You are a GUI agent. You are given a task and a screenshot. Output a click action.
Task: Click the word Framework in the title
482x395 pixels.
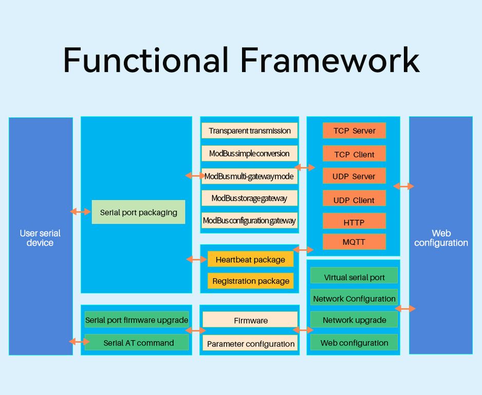[x=329, y=60]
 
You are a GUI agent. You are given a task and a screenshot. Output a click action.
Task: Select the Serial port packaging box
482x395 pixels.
[x=138, y=212]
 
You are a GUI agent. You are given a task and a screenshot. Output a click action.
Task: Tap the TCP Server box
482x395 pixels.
[x=354, y=131]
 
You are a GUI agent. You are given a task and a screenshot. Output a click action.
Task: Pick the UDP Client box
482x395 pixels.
[x=354, y=200]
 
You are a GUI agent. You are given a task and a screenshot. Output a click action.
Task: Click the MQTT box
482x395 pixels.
[x=354, y=242]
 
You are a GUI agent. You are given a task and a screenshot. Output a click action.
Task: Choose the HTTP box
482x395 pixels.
[x=354, y=222]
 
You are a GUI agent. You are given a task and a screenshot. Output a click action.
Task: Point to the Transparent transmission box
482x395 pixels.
[x=250, y=131]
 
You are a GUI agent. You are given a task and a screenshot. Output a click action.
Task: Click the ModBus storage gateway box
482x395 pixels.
[x=249, y=198]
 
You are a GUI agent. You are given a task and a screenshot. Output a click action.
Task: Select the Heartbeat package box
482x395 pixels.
[x=250, y=259]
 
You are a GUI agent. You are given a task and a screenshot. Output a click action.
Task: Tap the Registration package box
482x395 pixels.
[x=251, y=281]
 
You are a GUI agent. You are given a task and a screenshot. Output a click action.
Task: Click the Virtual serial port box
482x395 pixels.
[x=354, y=277]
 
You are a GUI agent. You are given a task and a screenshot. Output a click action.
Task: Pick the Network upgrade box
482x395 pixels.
[x=354, y=319]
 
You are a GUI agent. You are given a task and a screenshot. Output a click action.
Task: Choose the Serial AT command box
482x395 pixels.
[x=138, y=343]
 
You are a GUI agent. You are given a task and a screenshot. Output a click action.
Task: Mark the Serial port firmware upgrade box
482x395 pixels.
[x=137, y=319]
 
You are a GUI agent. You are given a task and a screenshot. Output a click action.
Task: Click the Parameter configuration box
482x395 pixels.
[x=250, y=344]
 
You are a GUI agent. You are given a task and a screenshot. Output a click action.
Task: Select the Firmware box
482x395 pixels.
[x=250, y=320]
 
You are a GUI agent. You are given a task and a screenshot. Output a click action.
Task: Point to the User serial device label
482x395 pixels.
[x=40, y=238]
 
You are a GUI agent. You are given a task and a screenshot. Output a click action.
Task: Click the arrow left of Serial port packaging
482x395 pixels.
[x=80, y=211]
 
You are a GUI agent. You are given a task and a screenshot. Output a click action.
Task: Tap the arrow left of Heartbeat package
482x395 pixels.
[x=196, y=259]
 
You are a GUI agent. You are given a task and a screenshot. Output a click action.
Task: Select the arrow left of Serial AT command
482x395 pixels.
[x=79, y=342]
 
